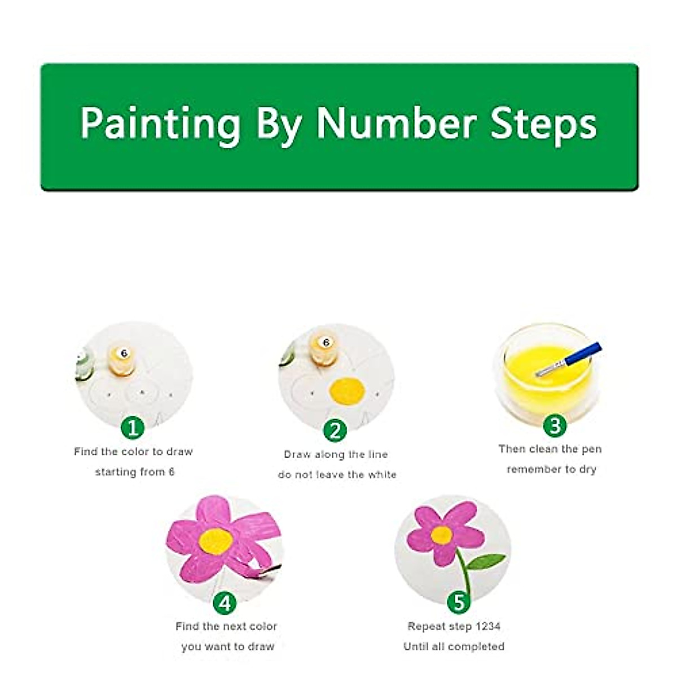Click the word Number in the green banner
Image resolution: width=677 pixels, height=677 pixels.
[395, 123]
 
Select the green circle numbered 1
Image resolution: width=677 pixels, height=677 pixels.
[133, 428]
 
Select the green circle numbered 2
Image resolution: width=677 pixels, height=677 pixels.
[335, 430]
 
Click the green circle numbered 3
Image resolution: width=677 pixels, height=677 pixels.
[555, 425]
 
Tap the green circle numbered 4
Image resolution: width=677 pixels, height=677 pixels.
[225, 603]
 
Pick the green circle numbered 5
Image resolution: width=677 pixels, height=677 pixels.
[458, 602]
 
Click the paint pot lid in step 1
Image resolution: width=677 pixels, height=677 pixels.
[124, 354]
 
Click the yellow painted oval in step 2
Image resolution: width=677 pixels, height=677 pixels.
[347, 391]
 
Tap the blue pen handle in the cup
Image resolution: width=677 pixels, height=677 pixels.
[581, 355]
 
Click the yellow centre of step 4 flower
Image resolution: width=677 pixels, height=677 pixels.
[216, 541]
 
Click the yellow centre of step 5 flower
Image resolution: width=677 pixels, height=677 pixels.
[441, 535]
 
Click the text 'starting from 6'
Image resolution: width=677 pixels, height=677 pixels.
[135, 472]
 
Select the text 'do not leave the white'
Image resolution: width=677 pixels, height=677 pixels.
[337, 474]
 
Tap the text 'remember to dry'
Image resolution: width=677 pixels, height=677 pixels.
[551, 469]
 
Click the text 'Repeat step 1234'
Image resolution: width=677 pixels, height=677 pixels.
[454, 626]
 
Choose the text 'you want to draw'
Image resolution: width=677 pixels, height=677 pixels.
[227, 647]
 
